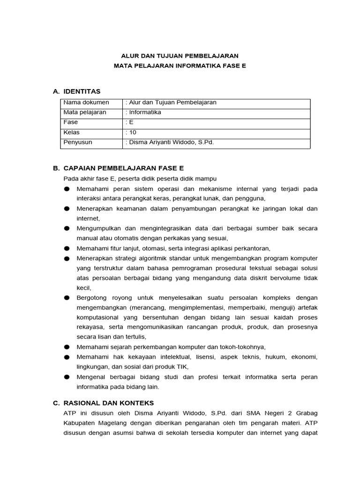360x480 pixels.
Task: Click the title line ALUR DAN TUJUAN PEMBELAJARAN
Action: click(x=180, y=56)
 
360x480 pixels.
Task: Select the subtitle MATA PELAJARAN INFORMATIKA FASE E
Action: click(x=180, y=66)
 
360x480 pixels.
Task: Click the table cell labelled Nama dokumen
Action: click(x=86, y=103)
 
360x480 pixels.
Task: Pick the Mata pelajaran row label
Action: click(x=85, y=112)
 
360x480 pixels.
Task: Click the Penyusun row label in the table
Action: click(x=78, y=142)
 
